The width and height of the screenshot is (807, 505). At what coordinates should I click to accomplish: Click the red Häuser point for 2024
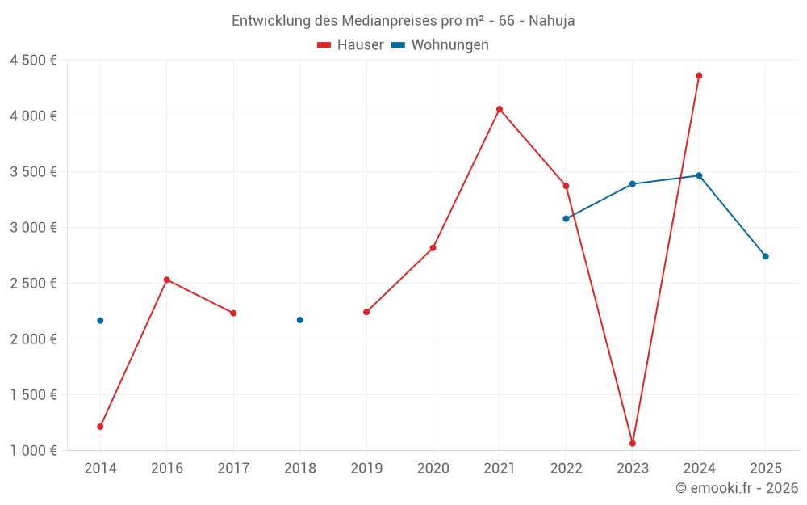pos(699,76)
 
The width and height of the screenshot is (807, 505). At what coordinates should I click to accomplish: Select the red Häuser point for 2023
pos(633,444)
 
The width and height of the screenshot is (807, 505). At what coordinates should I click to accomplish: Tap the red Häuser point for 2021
pos(500,109)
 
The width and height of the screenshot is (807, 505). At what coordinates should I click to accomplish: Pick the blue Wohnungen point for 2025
pos(766,256)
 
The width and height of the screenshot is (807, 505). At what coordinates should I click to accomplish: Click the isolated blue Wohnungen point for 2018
pos(299,320)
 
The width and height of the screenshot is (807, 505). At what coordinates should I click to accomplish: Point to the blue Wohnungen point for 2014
pos(100,321)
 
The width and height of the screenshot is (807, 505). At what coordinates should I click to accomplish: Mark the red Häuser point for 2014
pos(100,427)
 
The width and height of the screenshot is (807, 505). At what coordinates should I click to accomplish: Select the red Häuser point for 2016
pos(167,280)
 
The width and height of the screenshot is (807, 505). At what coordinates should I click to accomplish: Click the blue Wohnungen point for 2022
pos(566,219)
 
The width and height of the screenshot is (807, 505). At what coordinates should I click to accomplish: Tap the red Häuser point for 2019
pos(366,312)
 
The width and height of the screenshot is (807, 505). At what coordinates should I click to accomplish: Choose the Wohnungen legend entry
pos(440,45)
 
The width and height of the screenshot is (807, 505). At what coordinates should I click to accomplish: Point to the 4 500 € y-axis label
pos(33,61)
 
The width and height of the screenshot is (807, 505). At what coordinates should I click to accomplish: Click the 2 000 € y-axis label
pos(33,339)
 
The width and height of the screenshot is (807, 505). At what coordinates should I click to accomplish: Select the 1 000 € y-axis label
pos(33,451)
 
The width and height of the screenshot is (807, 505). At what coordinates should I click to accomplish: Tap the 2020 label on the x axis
pos(433,468)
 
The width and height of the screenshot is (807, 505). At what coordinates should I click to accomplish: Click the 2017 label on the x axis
pos(233,468)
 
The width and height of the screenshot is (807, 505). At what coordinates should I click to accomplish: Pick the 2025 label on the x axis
pos(766,468)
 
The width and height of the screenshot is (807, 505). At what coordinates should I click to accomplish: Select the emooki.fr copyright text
pos(737,488)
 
